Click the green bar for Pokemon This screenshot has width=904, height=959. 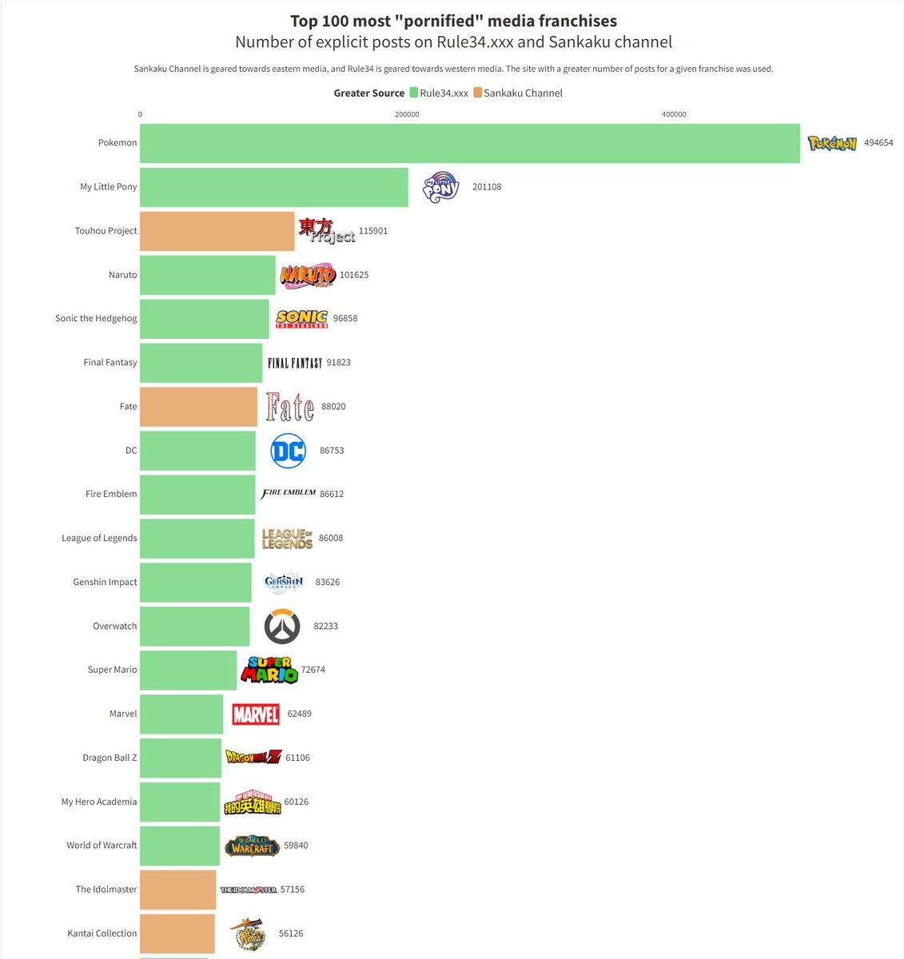469,143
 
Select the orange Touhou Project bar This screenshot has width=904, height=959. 217,231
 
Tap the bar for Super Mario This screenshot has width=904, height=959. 188,670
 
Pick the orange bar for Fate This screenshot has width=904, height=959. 198,406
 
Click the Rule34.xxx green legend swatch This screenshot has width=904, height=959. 414,93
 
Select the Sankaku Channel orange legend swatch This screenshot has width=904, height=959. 478,93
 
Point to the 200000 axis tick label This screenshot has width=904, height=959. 407,114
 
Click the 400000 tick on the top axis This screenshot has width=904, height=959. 674,114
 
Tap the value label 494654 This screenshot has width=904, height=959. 878,143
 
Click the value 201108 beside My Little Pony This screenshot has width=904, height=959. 487,187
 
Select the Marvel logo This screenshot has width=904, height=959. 256,714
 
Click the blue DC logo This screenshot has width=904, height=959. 288,451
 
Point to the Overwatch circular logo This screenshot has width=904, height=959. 282,627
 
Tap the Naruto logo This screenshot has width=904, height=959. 308,276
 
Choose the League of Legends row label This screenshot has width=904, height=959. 99,538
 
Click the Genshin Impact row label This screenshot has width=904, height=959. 105,582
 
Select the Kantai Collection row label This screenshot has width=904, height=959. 102,933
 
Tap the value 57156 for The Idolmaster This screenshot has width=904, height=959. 293,889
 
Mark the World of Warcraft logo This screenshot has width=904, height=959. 252,846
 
